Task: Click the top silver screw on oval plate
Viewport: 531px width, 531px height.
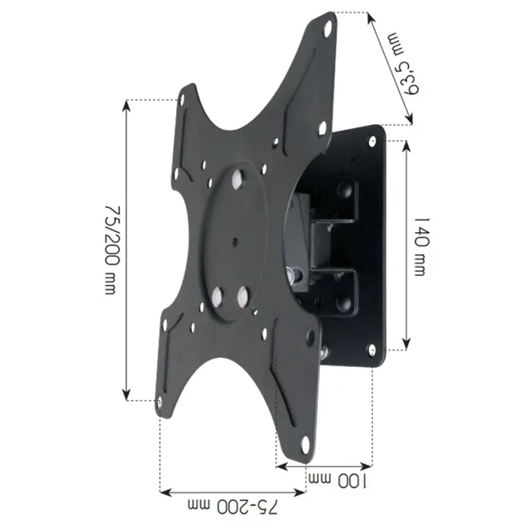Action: coord(237,179)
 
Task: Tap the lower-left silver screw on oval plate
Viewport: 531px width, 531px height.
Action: coord(217,297)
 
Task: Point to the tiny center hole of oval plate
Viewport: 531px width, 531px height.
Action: coord(234,244)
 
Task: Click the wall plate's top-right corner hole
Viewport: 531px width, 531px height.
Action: coord(372,139)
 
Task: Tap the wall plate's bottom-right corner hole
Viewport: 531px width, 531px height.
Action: coord(372,349)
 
